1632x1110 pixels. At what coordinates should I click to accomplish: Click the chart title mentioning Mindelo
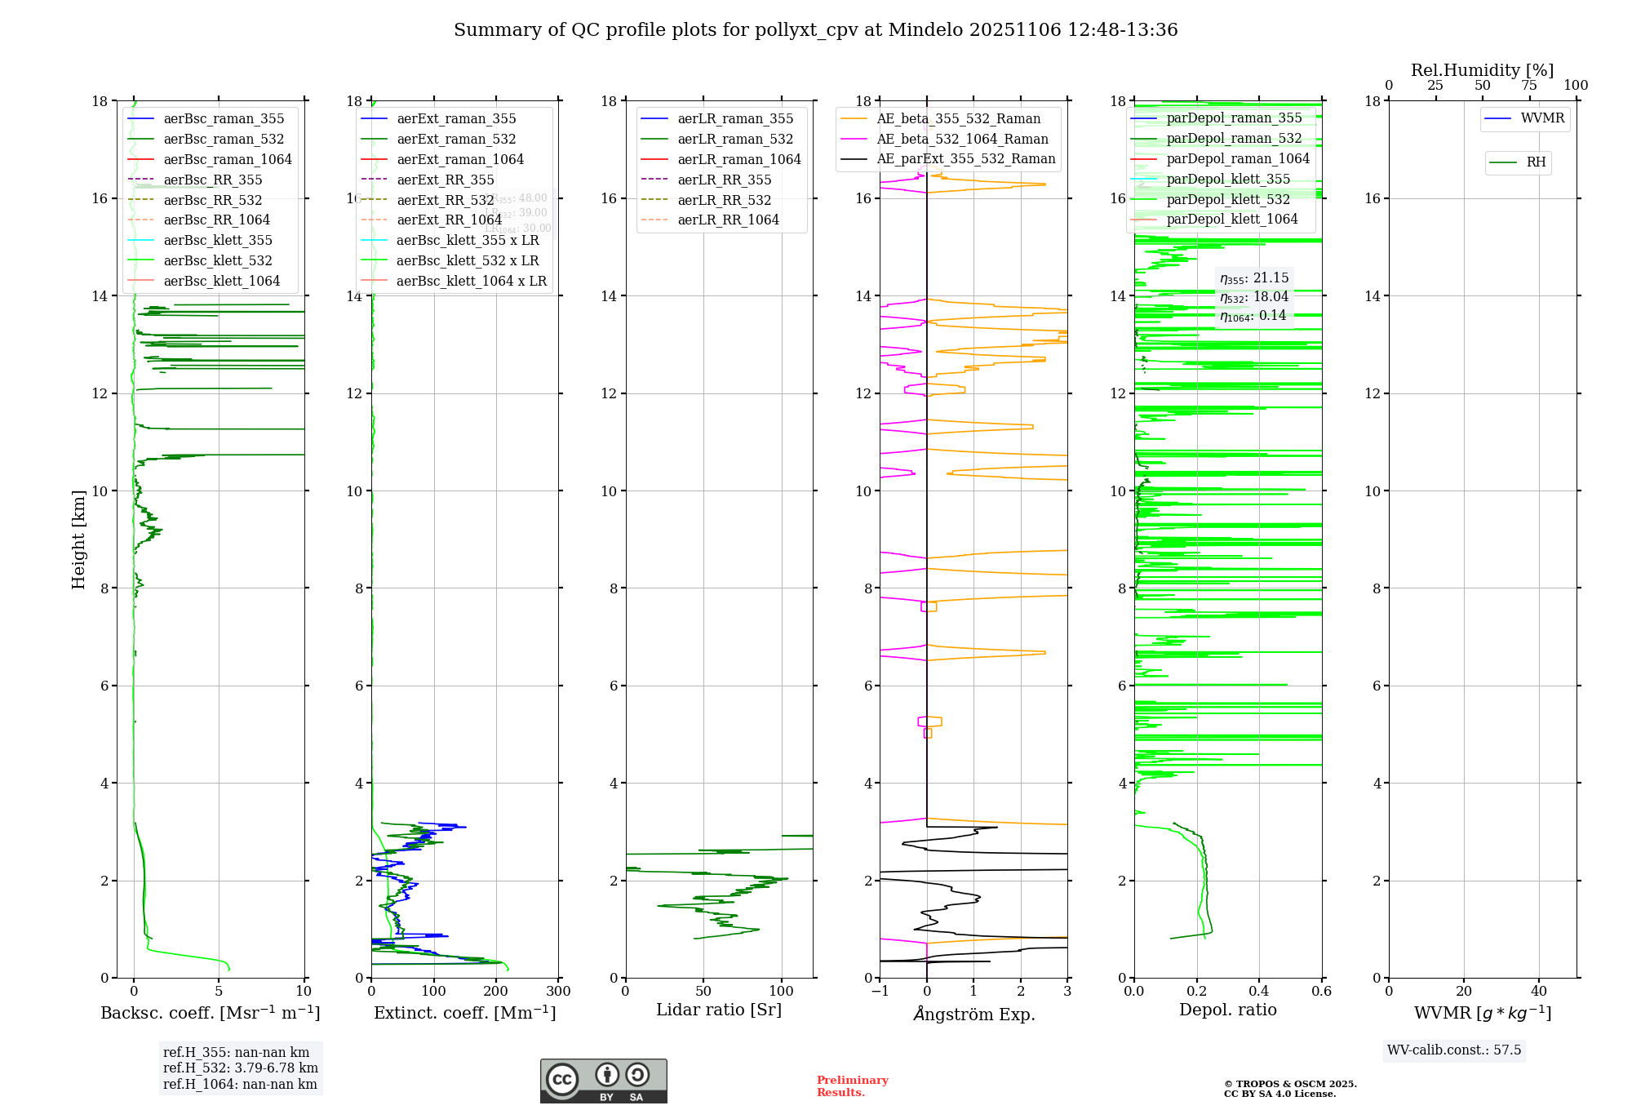(x=815, y=30)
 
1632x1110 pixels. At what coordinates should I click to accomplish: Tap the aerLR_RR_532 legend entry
(x=724, y=200)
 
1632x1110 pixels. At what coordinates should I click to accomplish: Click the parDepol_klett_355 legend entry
(x=1228, y=180)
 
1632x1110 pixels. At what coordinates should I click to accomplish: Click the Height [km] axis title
(x=78, y=539)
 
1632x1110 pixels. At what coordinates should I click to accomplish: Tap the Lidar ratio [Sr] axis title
(x=719, y=1010)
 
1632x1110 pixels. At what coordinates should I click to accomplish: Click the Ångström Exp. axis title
(x=974, y=1015)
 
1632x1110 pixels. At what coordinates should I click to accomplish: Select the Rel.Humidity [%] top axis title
(x=1482, y=70)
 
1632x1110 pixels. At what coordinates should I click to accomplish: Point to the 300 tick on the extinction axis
(x=559, y=992)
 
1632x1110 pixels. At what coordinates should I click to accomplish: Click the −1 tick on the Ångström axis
(x=880, y=992)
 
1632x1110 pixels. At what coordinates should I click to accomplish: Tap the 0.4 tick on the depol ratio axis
(x=1259, y=992)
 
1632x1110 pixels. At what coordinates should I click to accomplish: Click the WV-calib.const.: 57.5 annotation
(x=1454, y=1050)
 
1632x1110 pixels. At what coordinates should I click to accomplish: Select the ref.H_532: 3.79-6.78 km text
(x=241, y=1068)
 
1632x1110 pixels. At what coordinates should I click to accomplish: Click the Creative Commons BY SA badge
(x=603, y=1081)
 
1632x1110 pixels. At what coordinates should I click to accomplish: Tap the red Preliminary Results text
(x=852, y=1086)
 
